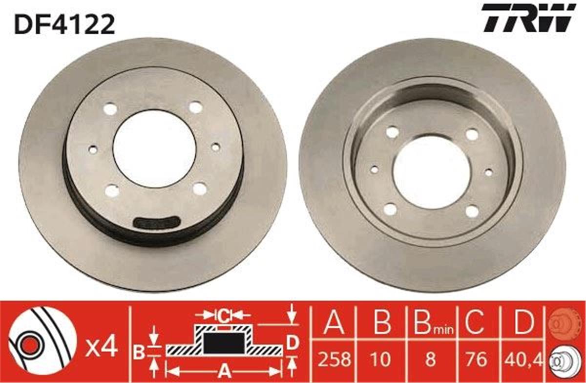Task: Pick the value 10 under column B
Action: pyautogui.click(x=381, y=360)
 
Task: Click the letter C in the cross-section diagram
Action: pyautogui.click(x=224, y=316)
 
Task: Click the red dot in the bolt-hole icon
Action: pyautogui.click(x=29, y=341)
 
